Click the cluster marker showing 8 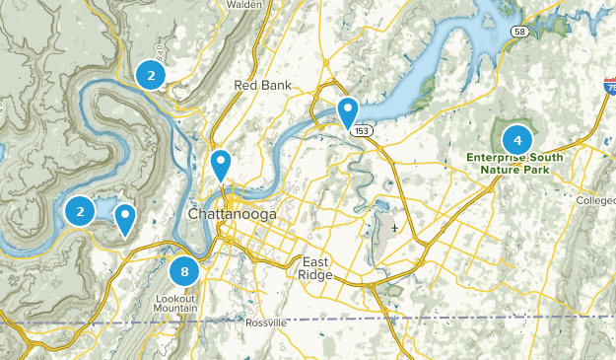[184, 271]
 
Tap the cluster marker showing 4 [517, 140]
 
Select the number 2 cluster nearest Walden [150, 75]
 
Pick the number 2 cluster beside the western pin [80, 210]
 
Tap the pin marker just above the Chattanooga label [221, 165]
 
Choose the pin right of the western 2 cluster [125, 218]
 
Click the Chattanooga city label [233, 215]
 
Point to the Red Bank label [263, 86]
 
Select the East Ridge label [317, 267]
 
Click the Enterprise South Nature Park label [514, 163]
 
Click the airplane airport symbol [395, 229]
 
